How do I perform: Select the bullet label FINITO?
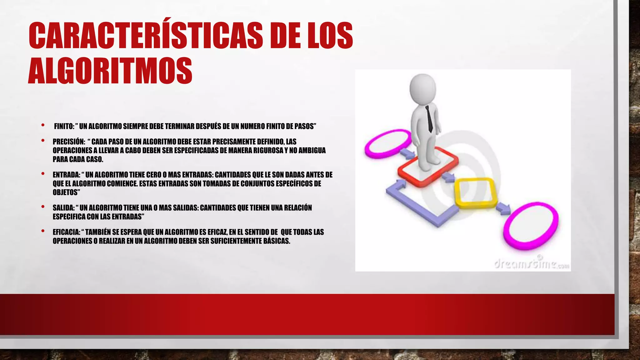[64, 126]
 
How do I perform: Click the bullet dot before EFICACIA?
[43, 232]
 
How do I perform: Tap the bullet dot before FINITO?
[43, 126]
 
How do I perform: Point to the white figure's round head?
[423, 88]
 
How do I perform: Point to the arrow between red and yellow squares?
[449, 177]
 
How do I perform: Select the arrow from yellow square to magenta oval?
[503, 208]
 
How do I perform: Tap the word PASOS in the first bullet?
[305, 126]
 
